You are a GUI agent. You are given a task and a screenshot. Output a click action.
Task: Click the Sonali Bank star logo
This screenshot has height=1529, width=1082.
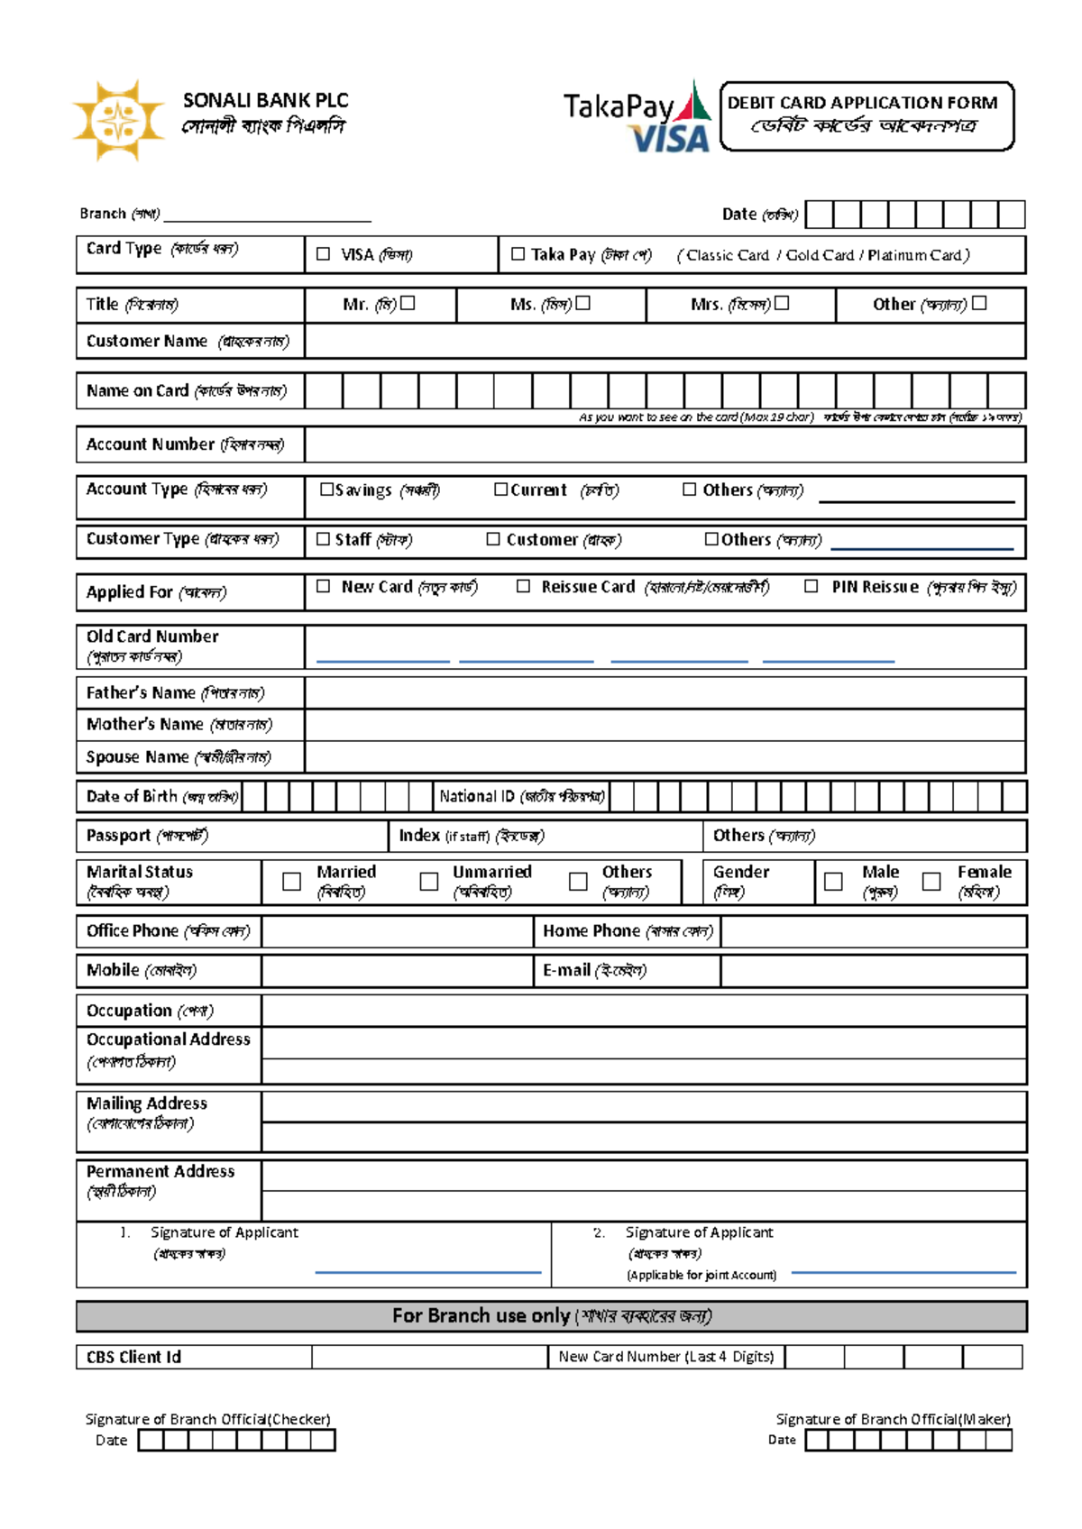coord(118,120)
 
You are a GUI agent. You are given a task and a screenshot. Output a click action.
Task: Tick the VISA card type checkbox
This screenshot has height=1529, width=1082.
coord(323,254)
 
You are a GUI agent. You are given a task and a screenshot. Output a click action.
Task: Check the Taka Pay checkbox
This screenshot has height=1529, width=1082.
coord(518,254)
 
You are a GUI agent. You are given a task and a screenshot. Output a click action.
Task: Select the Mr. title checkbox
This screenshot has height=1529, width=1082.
coord(408,304)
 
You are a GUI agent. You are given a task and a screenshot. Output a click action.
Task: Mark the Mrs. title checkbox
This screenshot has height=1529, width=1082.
coord(782,304)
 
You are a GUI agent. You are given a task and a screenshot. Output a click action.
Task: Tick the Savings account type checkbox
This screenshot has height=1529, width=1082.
coord(326,490)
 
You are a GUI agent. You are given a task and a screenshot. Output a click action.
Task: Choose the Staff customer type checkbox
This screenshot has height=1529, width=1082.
coord(323,539)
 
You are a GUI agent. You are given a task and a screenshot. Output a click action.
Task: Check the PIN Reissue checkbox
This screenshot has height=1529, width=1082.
coord(811,587)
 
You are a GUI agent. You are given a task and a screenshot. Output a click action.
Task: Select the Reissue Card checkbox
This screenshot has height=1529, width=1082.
coord(523,587)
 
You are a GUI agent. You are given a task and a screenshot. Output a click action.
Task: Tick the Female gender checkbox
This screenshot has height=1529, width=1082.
coord(931,882)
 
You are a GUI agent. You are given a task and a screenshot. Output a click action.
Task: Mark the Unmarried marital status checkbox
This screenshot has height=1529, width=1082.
coord(429,882)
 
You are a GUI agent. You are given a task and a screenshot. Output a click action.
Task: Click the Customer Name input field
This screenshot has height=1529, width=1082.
coord(665,342)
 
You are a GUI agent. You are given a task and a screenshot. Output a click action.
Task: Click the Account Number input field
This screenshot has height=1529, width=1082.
coord(665,444)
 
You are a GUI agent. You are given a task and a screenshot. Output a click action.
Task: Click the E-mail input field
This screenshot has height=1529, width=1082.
coord(873,971)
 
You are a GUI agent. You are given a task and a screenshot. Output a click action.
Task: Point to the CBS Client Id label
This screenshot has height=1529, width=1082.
coord(133,1357)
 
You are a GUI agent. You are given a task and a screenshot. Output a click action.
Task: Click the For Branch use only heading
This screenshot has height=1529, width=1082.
coord(551,1316)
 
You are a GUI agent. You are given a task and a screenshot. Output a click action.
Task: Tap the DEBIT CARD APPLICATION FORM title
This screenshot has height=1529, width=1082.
coord(863,103)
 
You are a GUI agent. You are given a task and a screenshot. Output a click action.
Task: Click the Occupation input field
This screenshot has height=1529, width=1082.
coord(643,1011)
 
